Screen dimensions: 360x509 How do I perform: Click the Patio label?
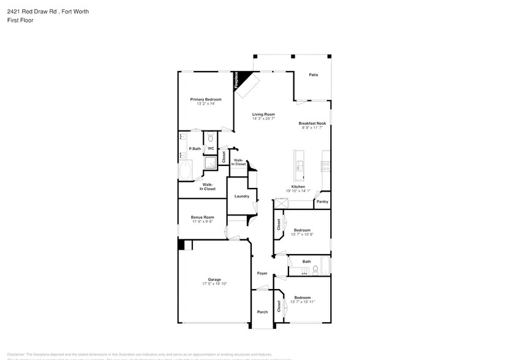coord(313,75)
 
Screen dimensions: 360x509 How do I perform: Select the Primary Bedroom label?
coord(205,99)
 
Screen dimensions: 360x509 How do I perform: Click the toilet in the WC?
coord(210,137)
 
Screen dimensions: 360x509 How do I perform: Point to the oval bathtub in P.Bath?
coord(186,170)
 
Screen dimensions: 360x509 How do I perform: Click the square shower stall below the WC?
coord(210,162)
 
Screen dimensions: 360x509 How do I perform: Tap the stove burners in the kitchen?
coord(326,165)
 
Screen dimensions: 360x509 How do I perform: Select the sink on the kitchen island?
coord(300,166)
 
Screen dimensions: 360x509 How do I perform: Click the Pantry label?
coord(322,201)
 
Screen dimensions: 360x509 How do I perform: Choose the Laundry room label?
coord(241,196)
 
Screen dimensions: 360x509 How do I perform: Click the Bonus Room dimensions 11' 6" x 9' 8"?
coord(202,222)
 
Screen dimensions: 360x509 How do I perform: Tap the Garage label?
coord(214,279)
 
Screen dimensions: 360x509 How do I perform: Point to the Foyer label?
coord(262,273)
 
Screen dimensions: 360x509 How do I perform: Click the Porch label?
coord(262,312)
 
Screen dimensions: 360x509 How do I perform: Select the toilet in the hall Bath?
coord(314,269)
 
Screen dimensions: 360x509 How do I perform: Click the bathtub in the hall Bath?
coord(326,267)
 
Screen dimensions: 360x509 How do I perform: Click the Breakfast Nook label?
coord(312,123)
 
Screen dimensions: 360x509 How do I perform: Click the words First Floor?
coord(21,20)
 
